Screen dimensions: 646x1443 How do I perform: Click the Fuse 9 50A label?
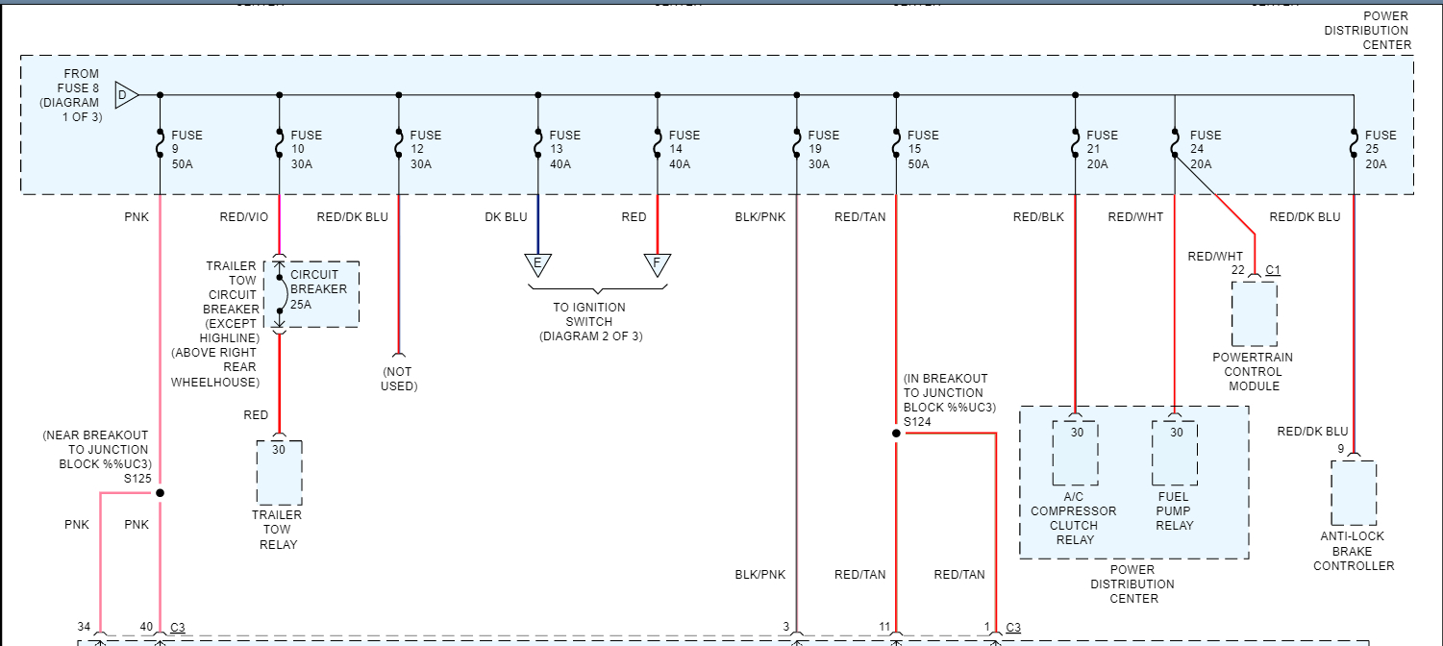coord(187,149)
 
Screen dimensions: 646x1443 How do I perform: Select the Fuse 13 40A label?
coord(564,149)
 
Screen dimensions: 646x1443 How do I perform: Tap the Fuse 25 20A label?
coord(1381,149)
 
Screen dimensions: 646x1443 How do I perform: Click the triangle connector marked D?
coord(126,94)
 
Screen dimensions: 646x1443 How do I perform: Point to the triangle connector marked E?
coord(537,264)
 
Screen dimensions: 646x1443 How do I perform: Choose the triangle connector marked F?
coord(658,264)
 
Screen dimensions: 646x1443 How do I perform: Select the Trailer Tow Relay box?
coord(279,472)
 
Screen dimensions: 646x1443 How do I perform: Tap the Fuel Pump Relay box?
coord(1175,453)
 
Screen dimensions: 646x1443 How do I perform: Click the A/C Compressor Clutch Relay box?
coord(1075,453)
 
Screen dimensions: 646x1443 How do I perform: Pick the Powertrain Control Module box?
coord(1255,313)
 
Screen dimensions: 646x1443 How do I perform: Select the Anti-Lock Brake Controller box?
coord(1354,492)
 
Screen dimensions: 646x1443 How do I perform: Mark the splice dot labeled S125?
coord(161,493)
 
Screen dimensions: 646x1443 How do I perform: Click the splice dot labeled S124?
coord(896,434)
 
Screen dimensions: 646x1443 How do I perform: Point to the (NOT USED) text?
coord(399,379)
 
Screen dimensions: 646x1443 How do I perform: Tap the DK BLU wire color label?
coord(506,217)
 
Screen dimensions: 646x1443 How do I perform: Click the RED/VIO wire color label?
coord(244,217)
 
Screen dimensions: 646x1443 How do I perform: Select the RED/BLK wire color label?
coord(1038,217)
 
